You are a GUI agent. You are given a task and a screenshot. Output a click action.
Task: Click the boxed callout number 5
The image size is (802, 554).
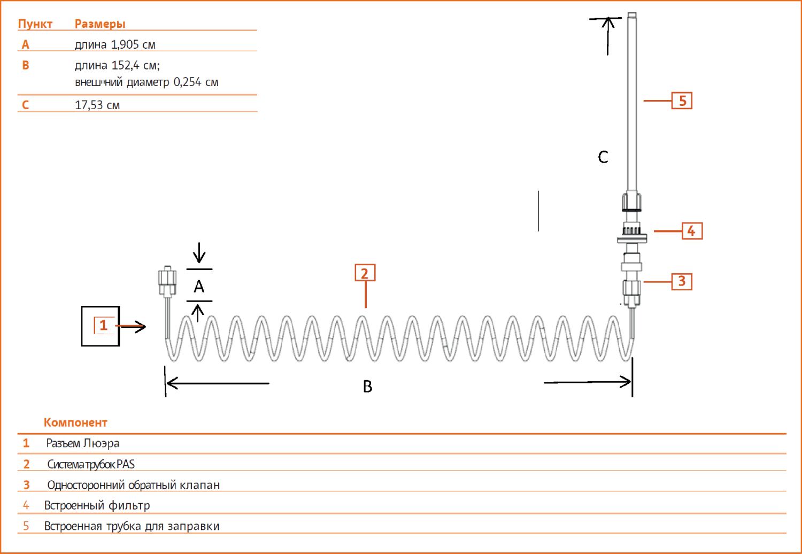pos(682,101)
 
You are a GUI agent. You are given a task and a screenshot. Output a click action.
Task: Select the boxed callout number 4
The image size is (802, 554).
pos(692,231)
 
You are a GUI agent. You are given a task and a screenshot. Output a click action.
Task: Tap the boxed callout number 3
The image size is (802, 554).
pos(682,281)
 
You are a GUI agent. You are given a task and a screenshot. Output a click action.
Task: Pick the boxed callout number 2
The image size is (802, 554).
pos(365,273)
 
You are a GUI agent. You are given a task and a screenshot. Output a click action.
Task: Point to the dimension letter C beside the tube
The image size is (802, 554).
pos(603,157)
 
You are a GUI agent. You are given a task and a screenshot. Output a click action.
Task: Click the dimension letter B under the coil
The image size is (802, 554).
pos(368,387)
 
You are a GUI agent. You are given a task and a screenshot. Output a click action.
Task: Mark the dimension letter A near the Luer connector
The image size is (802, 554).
pos(199,286)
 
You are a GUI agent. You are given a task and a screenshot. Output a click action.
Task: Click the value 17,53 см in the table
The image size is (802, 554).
pos(97,105)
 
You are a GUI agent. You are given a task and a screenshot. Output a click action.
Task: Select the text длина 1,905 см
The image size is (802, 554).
pos(115,44)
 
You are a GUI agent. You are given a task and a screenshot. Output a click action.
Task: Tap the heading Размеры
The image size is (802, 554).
pos(100,24)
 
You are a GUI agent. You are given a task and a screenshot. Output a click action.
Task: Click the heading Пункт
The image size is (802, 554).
pos(35,24)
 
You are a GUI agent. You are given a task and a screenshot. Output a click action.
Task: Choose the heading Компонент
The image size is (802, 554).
pos(75,422)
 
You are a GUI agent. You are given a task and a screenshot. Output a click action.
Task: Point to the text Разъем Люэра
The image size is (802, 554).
pos(83,443)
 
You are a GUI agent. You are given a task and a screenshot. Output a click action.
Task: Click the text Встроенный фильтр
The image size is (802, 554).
pos(97,505)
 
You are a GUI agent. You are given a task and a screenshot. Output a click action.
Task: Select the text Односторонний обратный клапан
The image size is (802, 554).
pos(134,485)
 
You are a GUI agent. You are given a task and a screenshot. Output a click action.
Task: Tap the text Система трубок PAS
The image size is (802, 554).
pos(91,464)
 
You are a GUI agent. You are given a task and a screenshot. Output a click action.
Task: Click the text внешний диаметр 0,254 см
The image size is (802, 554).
pos(146,82)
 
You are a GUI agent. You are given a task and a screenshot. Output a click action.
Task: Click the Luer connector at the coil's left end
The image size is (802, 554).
pos(167,281)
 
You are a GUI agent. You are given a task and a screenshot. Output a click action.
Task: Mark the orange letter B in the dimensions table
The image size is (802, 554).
pos(26,65)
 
